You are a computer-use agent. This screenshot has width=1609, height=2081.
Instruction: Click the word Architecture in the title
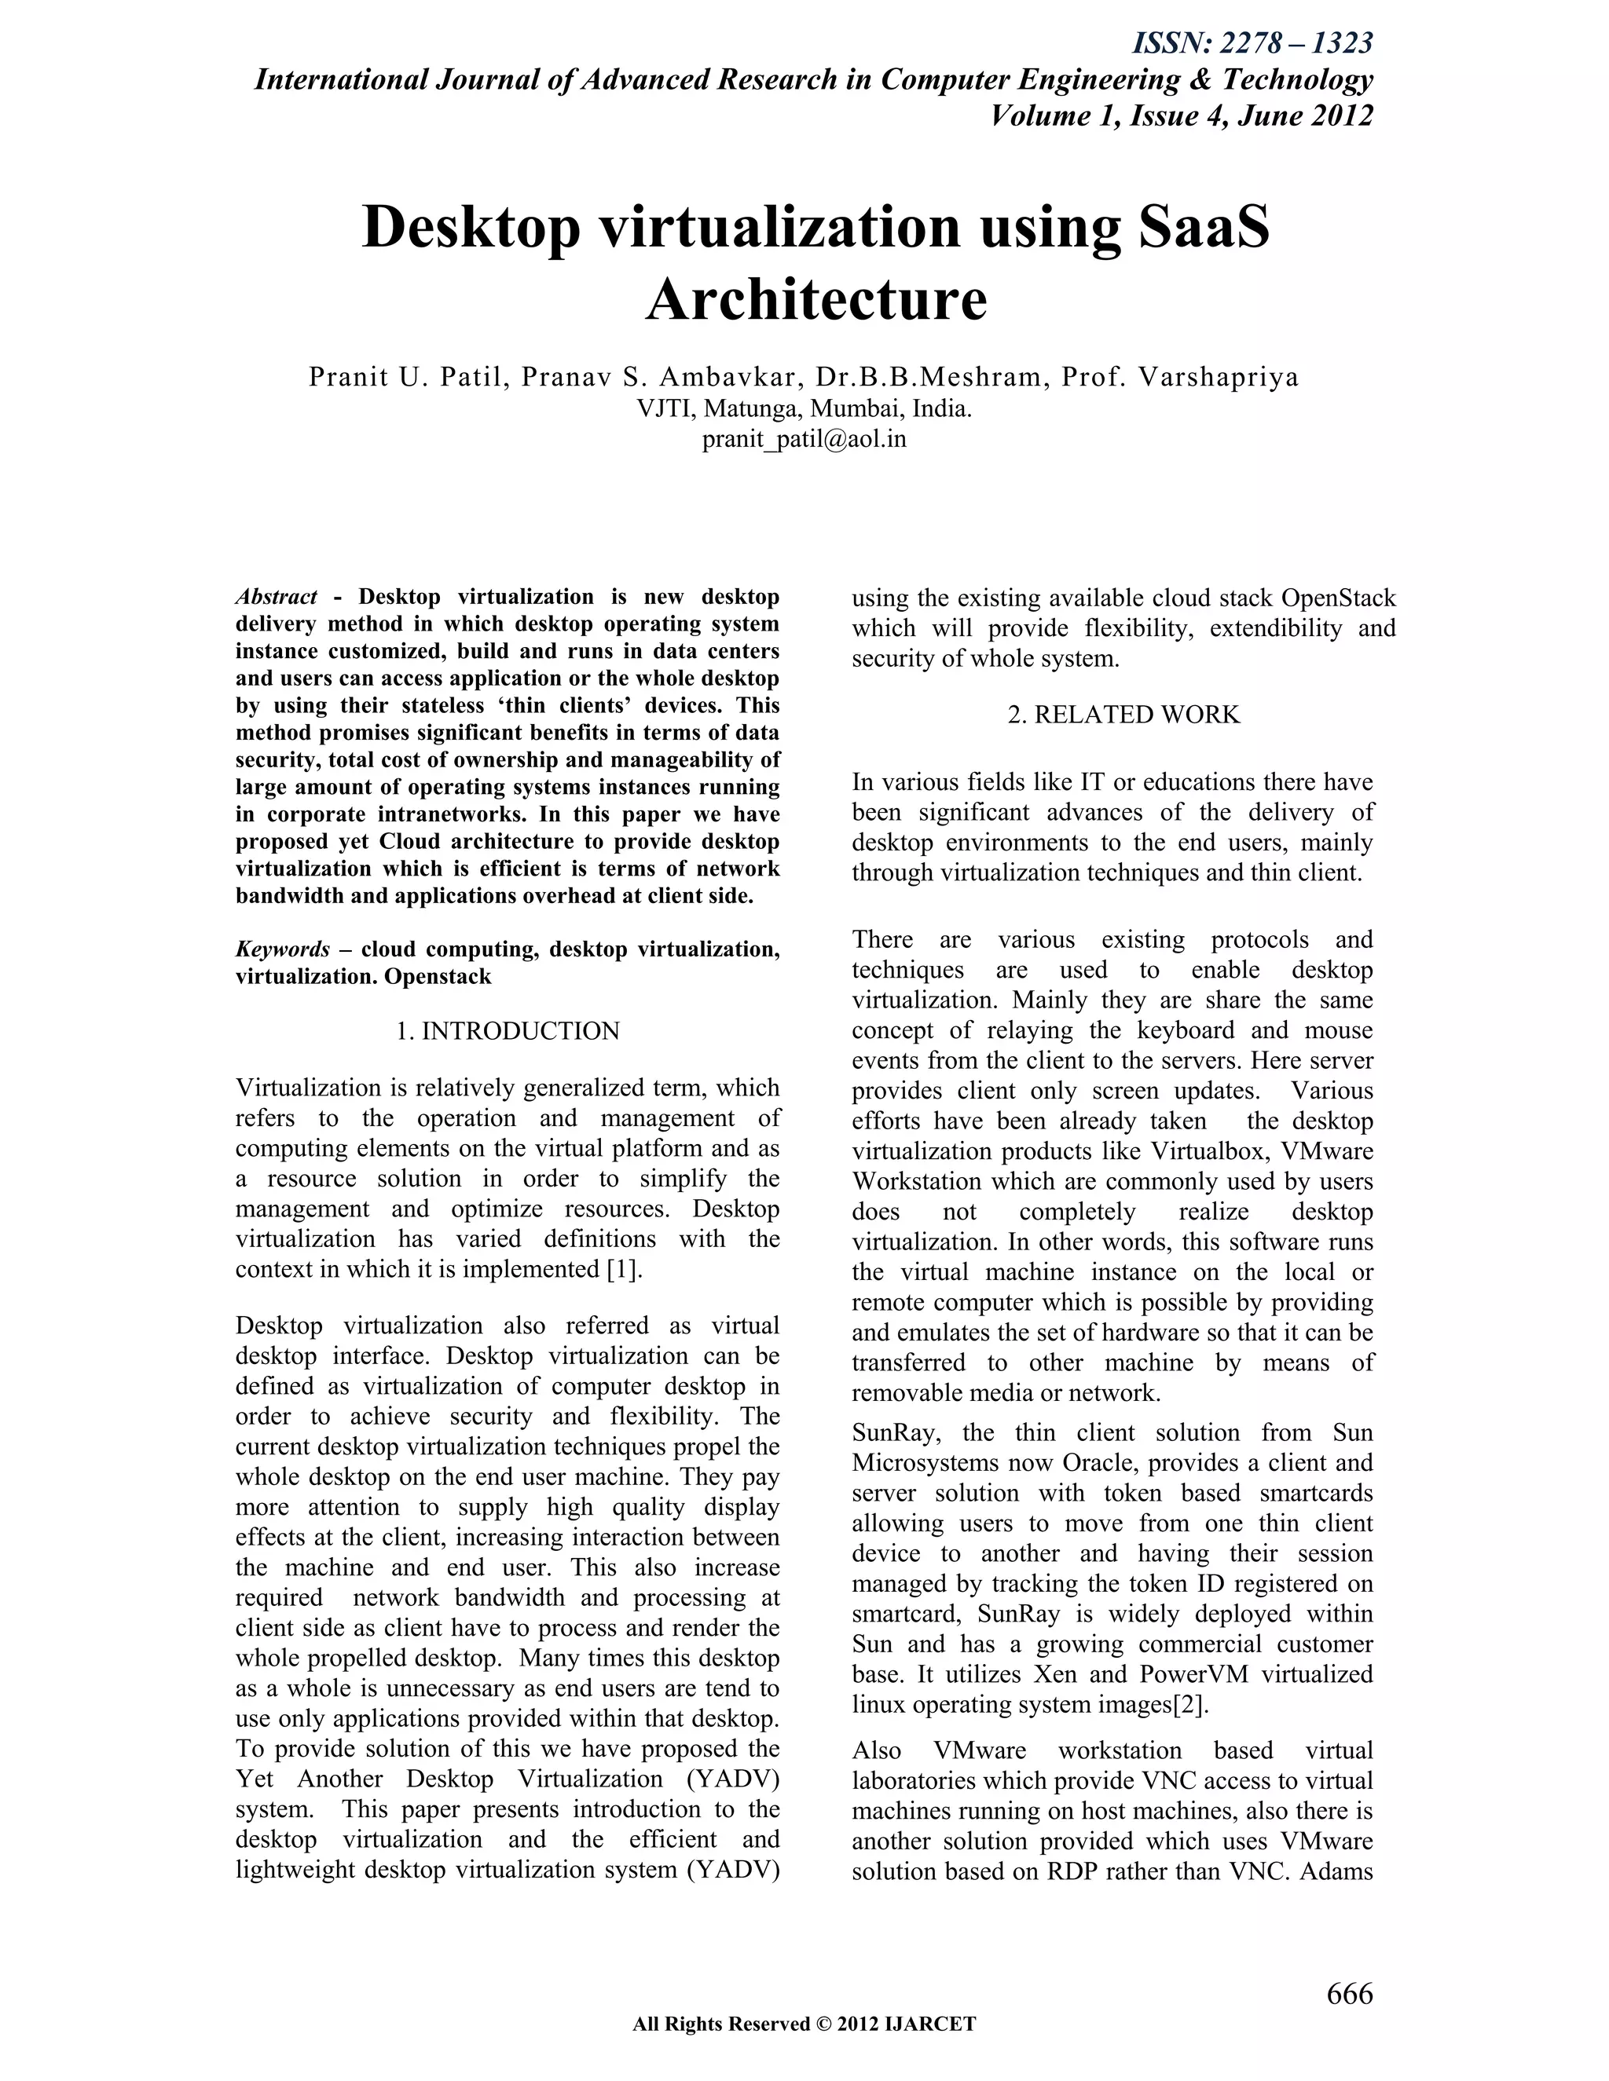816,299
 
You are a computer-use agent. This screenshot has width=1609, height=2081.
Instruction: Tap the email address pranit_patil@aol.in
804,439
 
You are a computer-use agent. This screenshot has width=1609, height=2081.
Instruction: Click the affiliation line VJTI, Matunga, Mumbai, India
804,409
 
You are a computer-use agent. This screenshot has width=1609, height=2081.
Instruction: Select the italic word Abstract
277,598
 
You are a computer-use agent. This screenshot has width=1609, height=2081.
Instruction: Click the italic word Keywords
282,949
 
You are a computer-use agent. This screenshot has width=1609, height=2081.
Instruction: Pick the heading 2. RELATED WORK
1123,715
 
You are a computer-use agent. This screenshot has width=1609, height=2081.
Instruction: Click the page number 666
1349,1993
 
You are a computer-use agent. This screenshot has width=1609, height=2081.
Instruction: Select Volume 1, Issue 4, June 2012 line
1181,115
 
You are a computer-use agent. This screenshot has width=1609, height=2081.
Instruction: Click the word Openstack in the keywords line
438,977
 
